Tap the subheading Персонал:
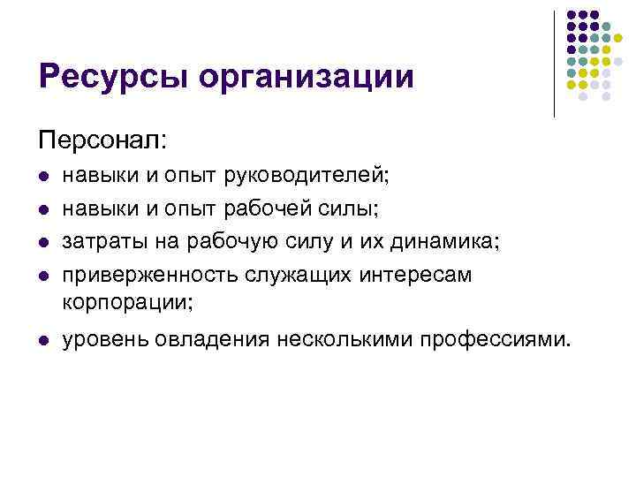(x=102, y=139)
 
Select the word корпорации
(x=125, y=301)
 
